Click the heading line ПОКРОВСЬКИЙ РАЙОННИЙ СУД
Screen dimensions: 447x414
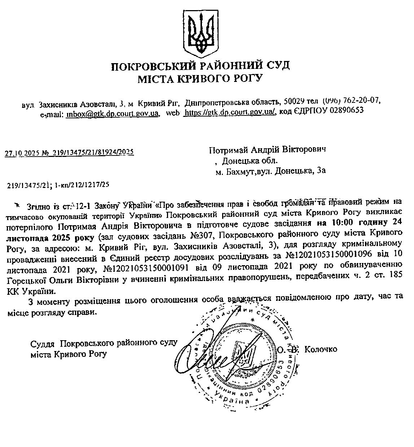pos(201,66)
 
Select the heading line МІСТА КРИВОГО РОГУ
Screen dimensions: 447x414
pos(201,79)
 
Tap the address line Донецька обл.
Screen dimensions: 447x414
pos(250,160)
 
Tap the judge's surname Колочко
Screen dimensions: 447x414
pos(321,349)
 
